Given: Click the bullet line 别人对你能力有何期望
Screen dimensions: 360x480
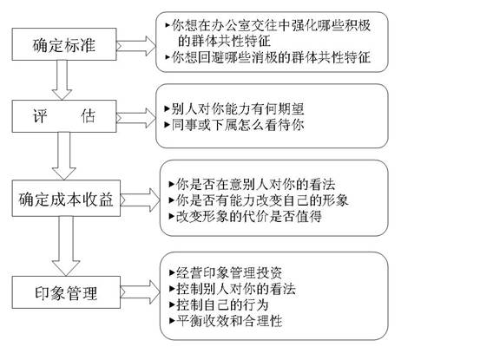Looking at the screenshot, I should [234, 111].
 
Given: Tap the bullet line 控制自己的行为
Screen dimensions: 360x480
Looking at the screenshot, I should [222, 304].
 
